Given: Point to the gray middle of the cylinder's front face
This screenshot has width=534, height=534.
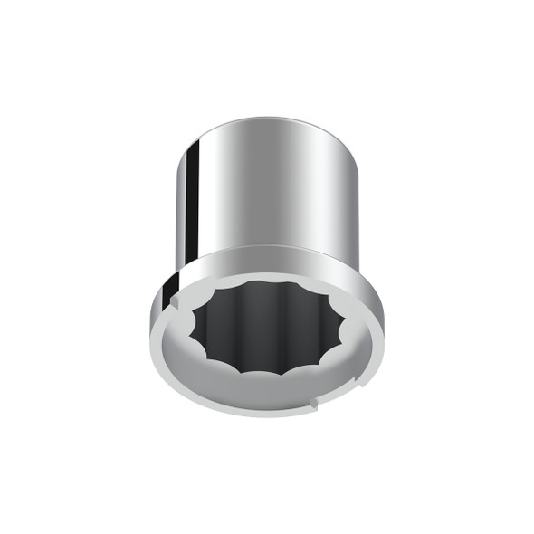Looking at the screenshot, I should tap(272, 190).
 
